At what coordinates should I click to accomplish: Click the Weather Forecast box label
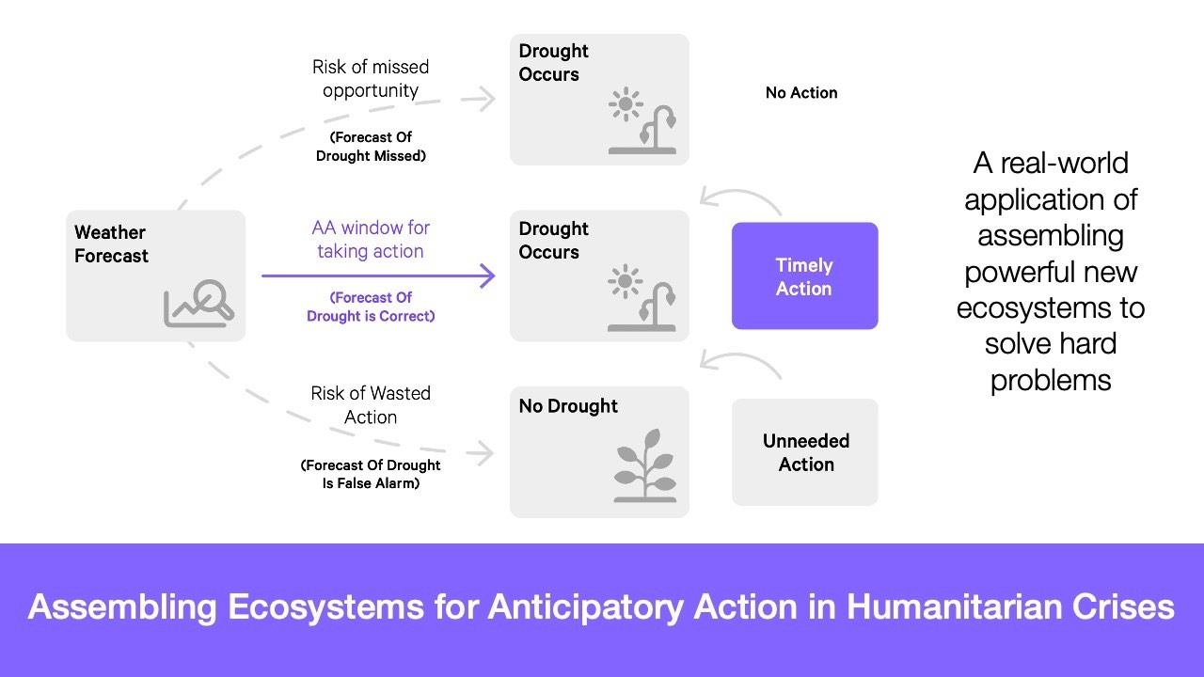pyautogui.click(x=111, y=244)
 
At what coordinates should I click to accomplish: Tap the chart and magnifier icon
pyautogui.click(x=199, y=303)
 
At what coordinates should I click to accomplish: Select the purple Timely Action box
pyautogui.click(x=804, y=276)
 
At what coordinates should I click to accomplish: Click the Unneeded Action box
pyautogui.click(x=805, y=452)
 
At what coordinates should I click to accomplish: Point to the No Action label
pyautogui.click(x=801, y=92)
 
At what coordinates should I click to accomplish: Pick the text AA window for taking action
pyautogui.click(x=371, y=239)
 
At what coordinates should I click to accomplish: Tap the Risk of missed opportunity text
pyautogui.click(x=371, y=79)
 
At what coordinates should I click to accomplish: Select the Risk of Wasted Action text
pyautogui.click(x=371, y=404)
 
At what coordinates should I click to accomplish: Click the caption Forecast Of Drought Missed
pyautogui.click(x=371, y=147)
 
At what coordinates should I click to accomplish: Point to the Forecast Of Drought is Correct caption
pyautogui.click(x=371, y=307)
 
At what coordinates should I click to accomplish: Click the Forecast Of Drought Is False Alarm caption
pyautogui.click(x=371, y=474)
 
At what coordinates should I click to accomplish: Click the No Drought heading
pyautogui.click(x=568, y=406)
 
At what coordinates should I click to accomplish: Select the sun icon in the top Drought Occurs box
pyautogui.click(x=626, y=104)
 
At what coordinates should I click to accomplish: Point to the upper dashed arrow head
pyautogui.click(x=487, y=99)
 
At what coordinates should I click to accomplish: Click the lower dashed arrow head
pyautogui.click(x=485, y=453)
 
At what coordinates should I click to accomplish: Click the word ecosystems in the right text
pyautogui.click(x=1050, y=307)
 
